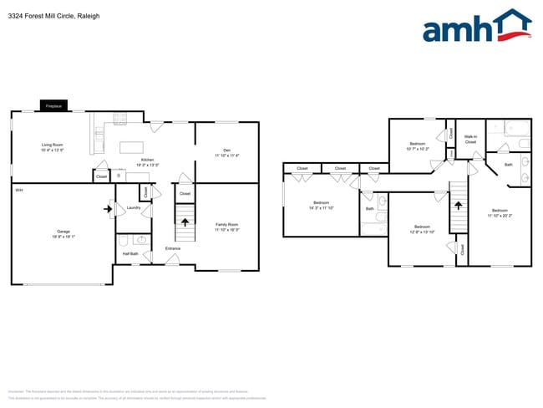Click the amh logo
click(x=477, y=27)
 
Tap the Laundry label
click(x=133, y=207)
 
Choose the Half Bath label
click(x=130, y=253)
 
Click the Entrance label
click(x=173, y=248)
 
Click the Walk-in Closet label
click(x=470, y=140)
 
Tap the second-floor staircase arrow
click(x=457, y=202)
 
